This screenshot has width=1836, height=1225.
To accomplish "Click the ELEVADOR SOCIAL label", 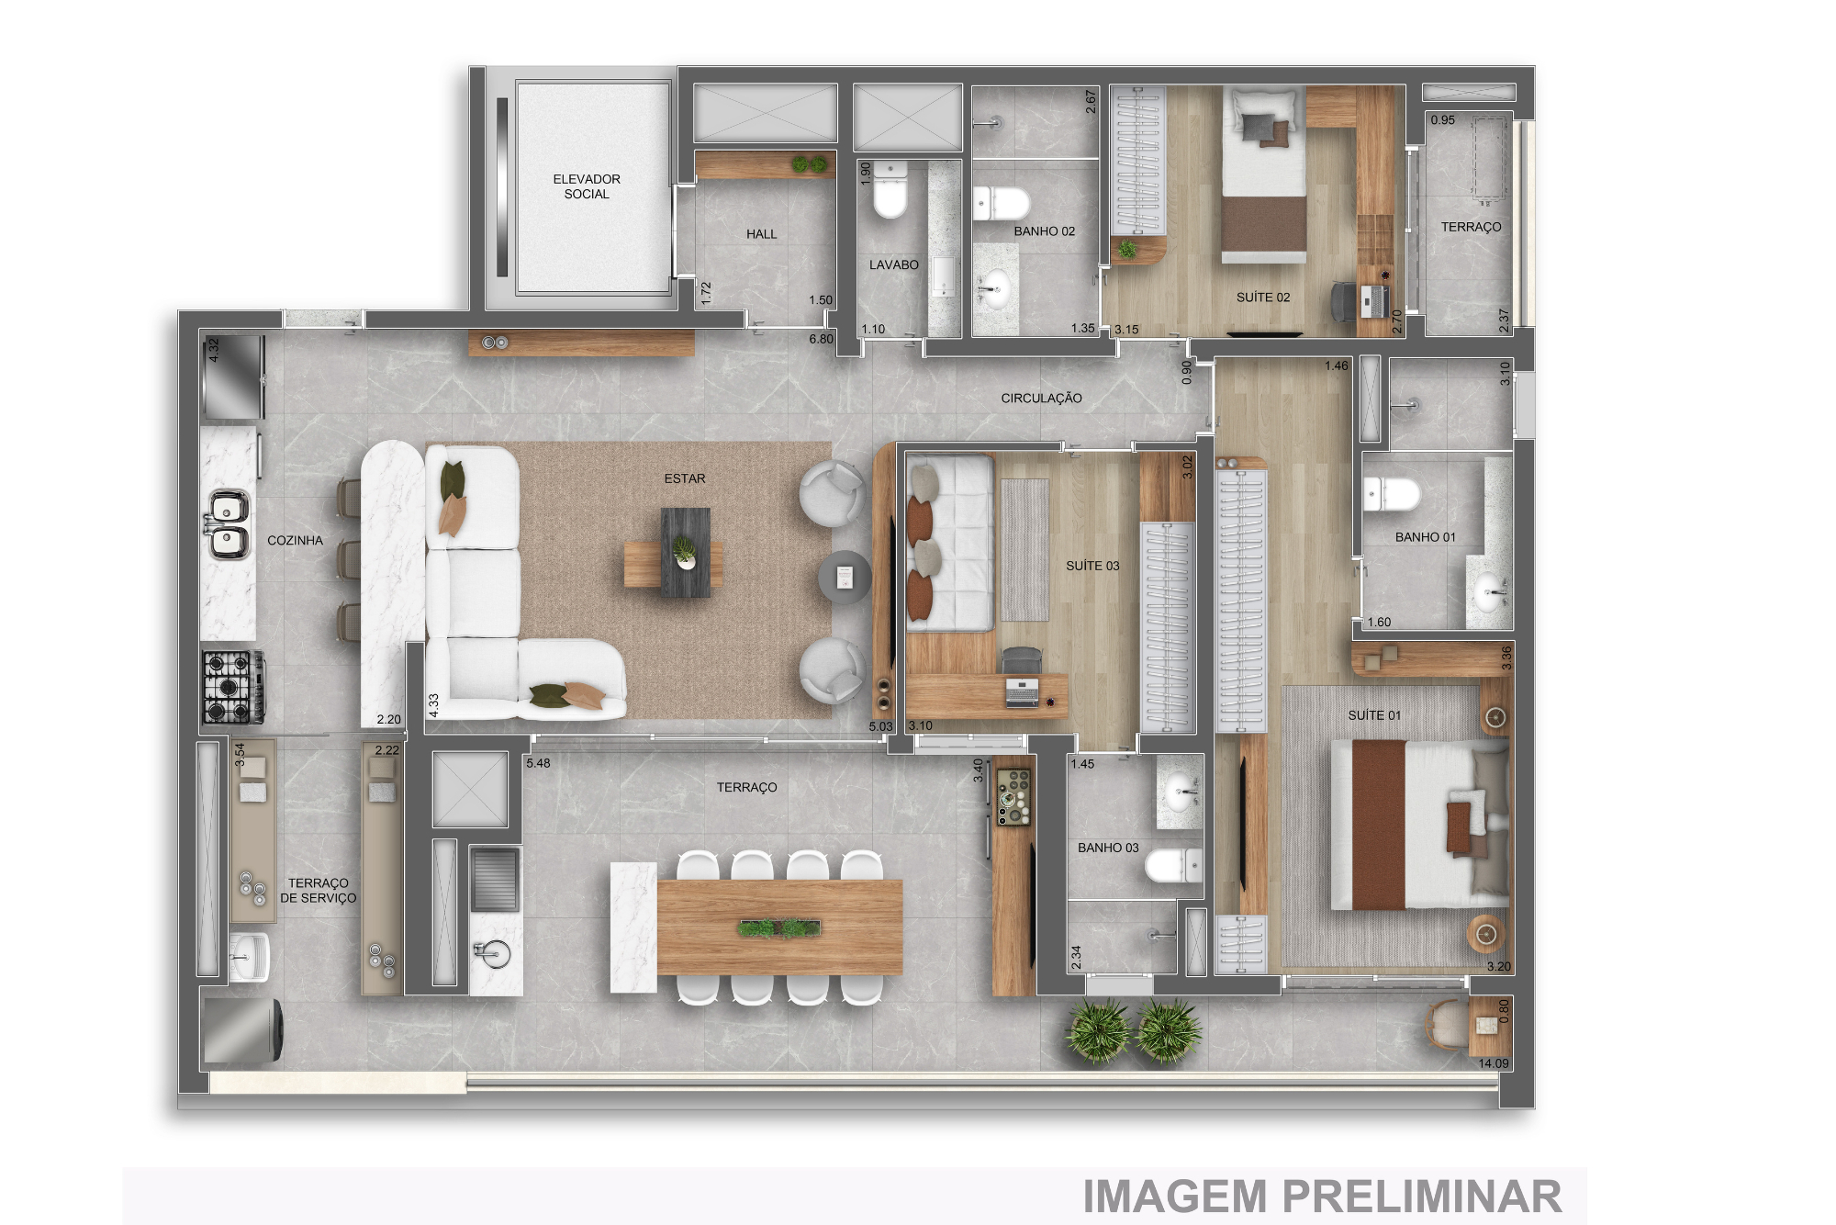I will click(x=587, y=186).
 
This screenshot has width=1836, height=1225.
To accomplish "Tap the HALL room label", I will click(x=761, y=234).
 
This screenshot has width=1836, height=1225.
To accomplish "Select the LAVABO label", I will click(x=893, y=264).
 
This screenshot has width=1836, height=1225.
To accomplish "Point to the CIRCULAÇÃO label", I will click(x=1041, y=399).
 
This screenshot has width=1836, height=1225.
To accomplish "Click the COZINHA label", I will click(x=295, y=540).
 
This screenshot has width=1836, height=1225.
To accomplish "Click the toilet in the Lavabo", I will click(x=890, y=190).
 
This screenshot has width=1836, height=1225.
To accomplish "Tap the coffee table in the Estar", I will click(x=685, y=553).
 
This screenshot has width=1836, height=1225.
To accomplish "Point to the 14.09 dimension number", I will click(x=1493, y=1063).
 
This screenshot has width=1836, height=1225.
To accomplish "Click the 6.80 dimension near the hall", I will click(x=821, y=339).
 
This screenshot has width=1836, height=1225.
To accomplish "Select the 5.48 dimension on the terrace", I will click(x=538, y=763).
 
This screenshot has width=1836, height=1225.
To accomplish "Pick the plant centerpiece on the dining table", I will click(x=778, y=928).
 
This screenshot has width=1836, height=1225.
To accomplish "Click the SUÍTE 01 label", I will click(x=1374, y=715).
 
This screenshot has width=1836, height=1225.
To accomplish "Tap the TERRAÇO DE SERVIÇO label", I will click(x=318, y=891).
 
